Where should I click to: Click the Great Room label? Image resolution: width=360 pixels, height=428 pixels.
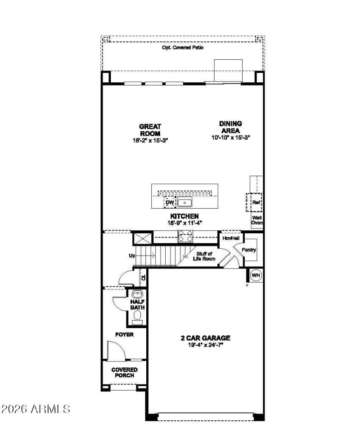150,130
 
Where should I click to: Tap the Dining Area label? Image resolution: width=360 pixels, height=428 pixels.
230,127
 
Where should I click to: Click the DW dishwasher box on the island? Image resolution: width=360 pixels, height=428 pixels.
170,203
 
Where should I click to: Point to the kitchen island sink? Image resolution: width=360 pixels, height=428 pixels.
184,202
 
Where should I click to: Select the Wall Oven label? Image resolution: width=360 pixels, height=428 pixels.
257,219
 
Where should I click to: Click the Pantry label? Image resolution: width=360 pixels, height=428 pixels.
249,250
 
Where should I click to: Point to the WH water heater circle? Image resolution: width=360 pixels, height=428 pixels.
256,275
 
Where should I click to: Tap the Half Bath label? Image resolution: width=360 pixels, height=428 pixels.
137,304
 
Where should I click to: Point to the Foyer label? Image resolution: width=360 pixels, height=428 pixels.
124,334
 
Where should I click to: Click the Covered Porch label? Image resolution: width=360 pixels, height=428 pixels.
125,372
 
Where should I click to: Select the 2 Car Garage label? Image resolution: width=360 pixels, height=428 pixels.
205,338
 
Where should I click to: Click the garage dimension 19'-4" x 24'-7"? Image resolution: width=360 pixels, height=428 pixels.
205,345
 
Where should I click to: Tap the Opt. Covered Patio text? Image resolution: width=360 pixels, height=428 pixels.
183,47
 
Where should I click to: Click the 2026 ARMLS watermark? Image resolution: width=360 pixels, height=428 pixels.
36,409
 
